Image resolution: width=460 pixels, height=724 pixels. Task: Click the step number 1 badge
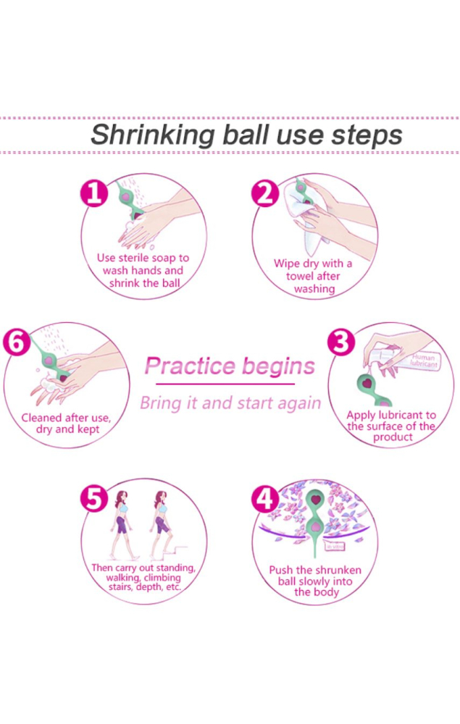[x=94, y=193]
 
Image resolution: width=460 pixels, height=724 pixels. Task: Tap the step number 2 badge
[x=265, y=193]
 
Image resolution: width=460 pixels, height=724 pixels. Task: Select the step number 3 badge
[x=341, y=342]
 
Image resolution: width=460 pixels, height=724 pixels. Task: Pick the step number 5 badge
[x=94, y=499]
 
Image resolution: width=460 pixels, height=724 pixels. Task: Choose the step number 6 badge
[x=17, y=342]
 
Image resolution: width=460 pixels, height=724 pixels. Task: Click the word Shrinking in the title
[x=153, y=135]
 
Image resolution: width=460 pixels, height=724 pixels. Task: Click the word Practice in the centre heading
[x=190, y=366]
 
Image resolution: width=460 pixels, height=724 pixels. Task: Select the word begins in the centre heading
[x=278, y=366]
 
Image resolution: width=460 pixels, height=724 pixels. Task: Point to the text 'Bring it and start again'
[x=230, y=403]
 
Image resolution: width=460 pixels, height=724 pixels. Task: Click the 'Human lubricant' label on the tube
[x=424, y=361]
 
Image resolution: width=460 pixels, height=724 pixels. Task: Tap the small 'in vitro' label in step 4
[x=335, y=547]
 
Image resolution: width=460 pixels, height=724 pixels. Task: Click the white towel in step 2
[x=307, y=214]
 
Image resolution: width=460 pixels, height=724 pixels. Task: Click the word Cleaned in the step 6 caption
[x=41, y=418]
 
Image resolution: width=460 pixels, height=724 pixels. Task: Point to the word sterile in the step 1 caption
[x=135, y=258]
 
